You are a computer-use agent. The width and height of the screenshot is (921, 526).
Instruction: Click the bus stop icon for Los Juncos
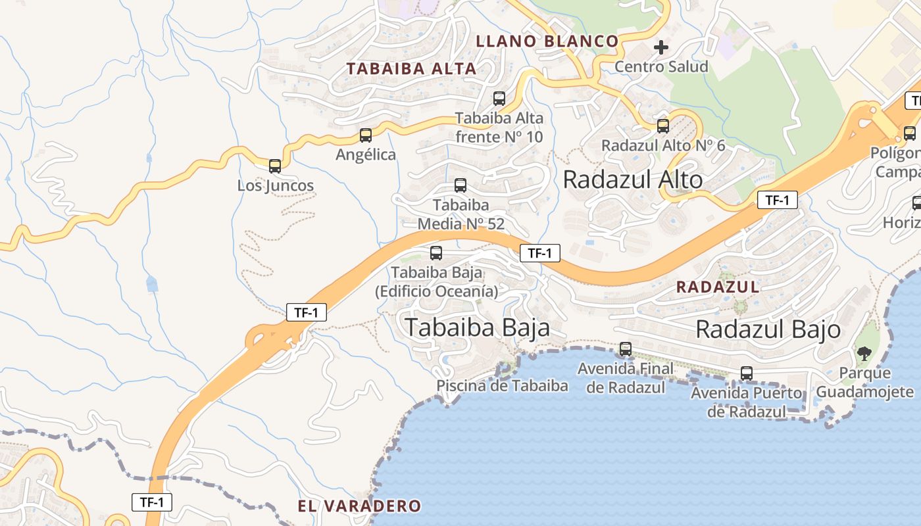click(275, 166)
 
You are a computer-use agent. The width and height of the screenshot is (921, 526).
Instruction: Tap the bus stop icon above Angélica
click(366, 135)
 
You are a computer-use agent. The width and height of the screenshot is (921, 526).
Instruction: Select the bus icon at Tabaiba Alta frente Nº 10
click(499, 99)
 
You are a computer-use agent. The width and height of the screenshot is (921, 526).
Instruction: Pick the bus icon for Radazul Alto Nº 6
click(663, 126)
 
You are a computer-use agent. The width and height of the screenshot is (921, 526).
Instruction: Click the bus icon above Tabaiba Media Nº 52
click(460, 185)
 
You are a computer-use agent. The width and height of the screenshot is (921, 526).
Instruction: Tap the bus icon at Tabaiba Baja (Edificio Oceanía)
click(436, 252)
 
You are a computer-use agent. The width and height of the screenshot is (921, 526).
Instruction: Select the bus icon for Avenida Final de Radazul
click(626, 348)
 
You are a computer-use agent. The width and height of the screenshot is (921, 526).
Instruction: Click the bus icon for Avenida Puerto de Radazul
click(747, 373)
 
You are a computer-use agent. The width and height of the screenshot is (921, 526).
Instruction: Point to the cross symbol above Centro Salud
click(661, 47)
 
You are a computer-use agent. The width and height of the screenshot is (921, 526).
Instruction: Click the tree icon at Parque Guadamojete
click(864, 354)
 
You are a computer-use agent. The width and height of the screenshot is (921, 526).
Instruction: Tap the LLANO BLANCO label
click(547, 41)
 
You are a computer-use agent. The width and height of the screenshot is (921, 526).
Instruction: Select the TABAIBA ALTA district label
click(411, 68)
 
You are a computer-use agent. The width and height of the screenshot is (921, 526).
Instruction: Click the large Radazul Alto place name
click(632, 179)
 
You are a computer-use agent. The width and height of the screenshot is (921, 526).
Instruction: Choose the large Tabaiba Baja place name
click(477, 327)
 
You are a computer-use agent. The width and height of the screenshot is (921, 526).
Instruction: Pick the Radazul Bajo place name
click(768, 329)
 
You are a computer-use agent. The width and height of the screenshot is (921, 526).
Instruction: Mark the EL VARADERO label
click(359, 506)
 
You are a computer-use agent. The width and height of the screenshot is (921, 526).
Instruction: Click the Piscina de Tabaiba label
click(502, 386)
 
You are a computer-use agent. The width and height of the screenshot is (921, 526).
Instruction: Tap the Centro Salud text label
click(661, 66)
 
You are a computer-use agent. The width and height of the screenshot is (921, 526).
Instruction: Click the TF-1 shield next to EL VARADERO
click(152, 502)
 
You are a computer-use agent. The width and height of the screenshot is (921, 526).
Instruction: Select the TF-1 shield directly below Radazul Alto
click(777, 200)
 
